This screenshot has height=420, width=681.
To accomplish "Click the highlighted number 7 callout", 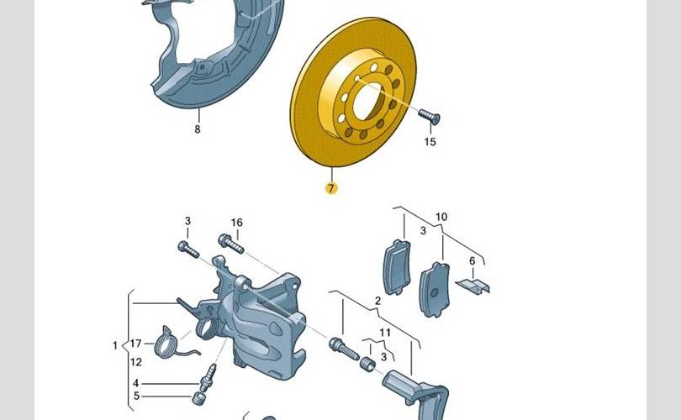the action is [x=331, y=188].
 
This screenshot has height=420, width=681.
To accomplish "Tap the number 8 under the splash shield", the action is [x=198, y=129].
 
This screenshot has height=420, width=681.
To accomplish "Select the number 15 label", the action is [x=430, y=142].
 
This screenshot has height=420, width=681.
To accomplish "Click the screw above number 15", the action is [x=429, y=116].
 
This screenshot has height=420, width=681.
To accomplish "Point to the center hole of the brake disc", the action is [x=368, y=102].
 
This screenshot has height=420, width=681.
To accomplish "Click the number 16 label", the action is [x=237, y=223].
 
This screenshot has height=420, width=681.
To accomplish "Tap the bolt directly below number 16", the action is [x=231, y=244].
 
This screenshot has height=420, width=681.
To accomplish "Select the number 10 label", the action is [x=441, y=217].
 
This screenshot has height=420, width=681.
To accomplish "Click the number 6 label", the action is [x=472, y=260].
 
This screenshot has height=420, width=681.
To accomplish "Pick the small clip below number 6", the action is [x=472, y=286].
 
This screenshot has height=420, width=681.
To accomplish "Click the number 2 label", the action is [x=377, y=300].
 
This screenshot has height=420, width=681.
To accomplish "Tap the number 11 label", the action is [x=385, y=333].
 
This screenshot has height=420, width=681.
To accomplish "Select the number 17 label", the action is [x=136, y=344].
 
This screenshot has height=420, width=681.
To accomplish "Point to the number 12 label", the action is [x=136, y=362].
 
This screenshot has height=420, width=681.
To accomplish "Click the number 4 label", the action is [x=136, y=384].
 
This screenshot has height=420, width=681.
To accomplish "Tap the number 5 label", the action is [x=136, y=396].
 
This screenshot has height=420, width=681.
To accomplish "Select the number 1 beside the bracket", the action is [x=115, y=346].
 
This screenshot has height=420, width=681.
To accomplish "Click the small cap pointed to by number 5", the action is [x=198, y=398].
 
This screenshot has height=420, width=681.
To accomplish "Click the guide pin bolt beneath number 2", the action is [x=344, y=349].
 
